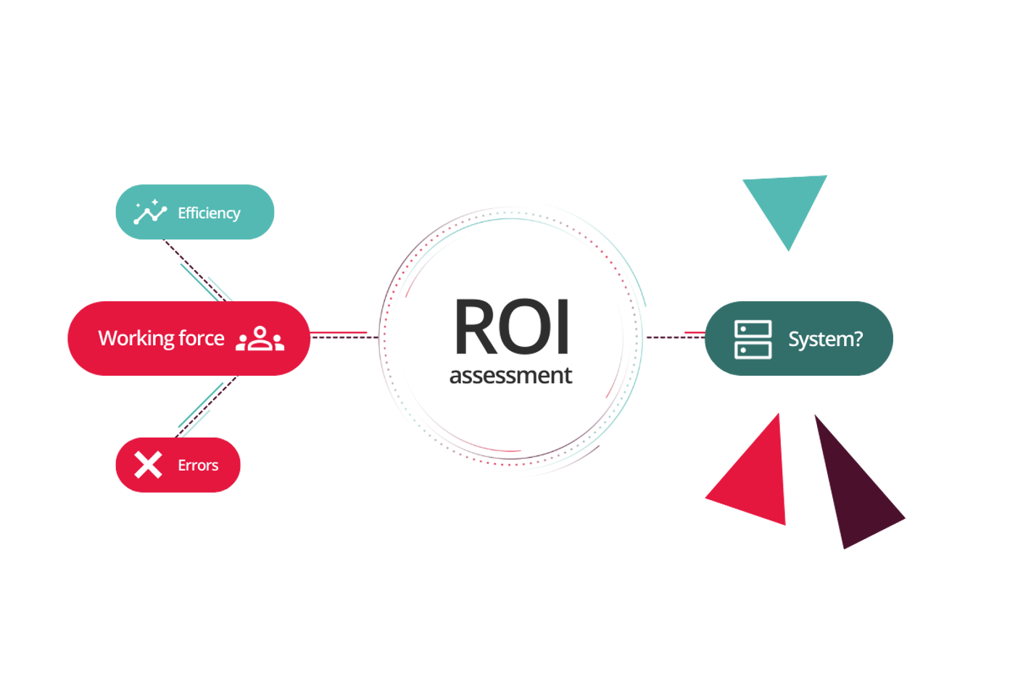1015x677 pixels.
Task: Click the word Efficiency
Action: (x=209, y=213)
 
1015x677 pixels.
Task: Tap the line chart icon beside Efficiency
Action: (x=150, y=212)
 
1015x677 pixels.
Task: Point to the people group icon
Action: (x=260, y=339)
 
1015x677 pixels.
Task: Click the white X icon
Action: (x=149, y=465)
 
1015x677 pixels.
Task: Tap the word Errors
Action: (x=198, y=465)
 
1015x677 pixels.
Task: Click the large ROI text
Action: (x=512, y=327)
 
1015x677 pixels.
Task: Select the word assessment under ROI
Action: (x=512, y=376)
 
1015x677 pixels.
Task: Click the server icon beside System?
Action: (x=753, y=340)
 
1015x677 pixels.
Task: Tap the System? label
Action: (x=825, y=340)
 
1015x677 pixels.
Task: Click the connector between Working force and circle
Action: (x=341, y=334)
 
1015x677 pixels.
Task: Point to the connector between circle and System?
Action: (x=674, y=335)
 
